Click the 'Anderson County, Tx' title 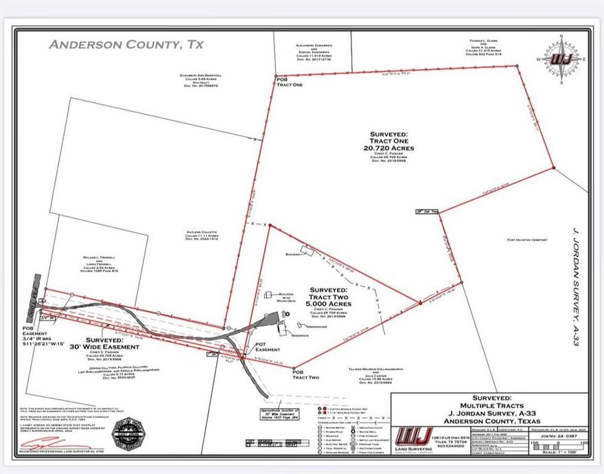(126, 45)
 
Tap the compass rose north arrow (561, 58)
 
